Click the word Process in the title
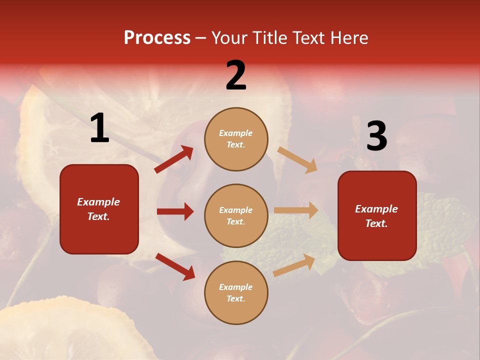point(157,38)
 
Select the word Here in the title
point(348,38)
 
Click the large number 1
point(99,128)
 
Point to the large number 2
point(236,75)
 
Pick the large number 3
point(376,136)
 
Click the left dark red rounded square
point(99,209)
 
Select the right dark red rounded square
point(377,216)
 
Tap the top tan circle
point(236,139)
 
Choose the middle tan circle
point(236,216)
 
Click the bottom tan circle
point(236,293)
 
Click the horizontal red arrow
point(175,211)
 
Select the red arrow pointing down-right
point(175,266)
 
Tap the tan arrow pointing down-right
point(297,159)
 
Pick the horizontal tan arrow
point(296,210)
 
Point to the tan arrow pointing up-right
point(294,265)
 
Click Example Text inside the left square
point(98,209)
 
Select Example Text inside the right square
point(376,216)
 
